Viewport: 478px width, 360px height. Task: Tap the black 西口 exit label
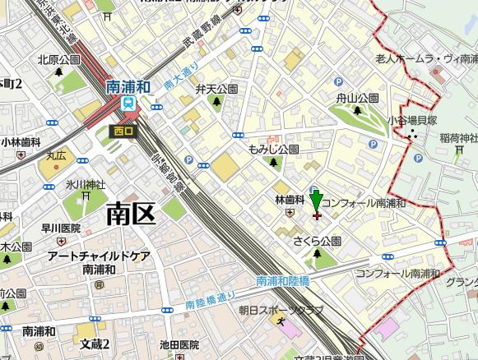(123, 129)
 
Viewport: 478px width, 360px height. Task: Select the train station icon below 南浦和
(128, 103)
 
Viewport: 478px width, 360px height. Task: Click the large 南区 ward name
(132, 215)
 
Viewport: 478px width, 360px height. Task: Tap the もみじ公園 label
(273, 150)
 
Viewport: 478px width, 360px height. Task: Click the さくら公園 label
(317, 241)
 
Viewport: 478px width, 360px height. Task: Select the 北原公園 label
(58, 60)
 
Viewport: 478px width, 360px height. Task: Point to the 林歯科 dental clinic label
(289, 200)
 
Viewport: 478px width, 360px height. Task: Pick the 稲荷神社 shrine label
(458, 136)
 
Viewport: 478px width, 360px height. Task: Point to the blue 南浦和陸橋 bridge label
(284, 280)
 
